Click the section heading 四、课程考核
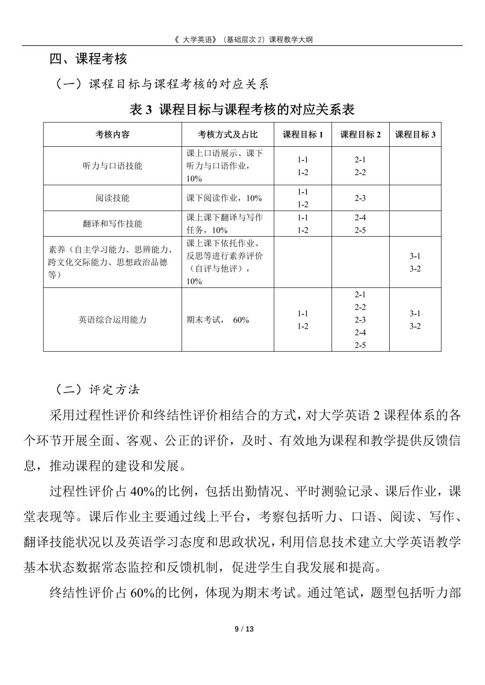click(88, 59)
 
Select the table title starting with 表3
click(242, 110)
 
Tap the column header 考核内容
click(112, 134)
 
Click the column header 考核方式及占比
click(227, 134)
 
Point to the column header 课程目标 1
click(303, 134)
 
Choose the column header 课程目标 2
click(360, 134)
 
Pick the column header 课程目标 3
click(415, 134)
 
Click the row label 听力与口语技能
click(112, 166)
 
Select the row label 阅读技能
click(112, 198)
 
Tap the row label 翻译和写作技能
click(112, 224)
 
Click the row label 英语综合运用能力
click(112, 320)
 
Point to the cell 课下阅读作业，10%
click(224, 198)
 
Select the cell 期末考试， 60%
click(217, 320)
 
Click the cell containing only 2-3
click(360, 198)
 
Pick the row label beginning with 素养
click(111, 262)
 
